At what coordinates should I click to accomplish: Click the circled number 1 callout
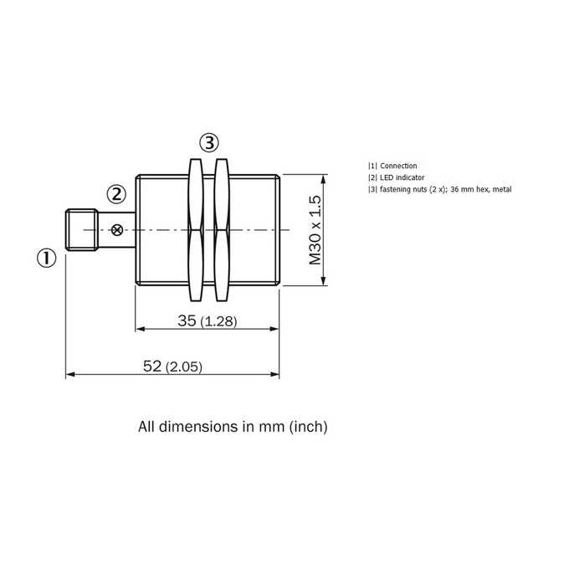47,259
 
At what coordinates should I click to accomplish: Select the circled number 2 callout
116,194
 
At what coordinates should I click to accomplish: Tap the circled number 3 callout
209,143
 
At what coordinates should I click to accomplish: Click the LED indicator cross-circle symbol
117,230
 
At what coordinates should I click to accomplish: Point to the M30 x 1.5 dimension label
315,230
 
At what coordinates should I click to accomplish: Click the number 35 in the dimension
187,320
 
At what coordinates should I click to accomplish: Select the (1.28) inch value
219,321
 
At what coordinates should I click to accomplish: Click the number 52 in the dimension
152,367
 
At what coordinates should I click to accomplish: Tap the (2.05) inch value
184,367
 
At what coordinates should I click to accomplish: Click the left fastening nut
196,230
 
